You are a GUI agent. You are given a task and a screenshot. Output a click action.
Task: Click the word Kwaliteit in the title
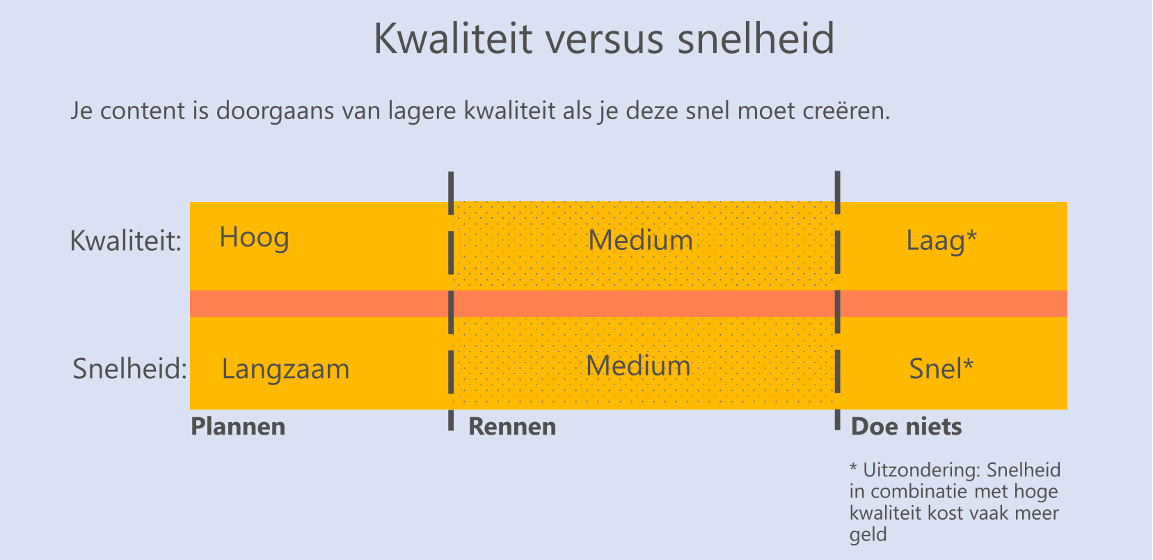coord(453,38)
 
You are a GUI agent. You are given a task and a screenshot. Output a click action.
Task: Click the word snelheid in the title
coord(756,38)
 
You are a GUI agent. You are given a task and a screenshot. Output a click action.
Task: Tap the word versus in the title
coord(604,41)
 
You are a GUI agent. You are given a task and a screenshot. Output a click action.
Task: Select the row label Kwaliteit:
coord(126,240)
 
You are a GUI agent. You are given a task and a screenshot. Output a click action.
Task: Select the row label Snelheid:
coord(129,369)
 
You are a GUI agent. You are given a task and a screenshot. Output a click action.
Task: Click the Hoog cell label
coord(254,238)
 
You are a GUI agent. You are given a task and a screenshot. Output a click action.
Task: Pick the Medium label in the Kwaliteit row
coord(640,240)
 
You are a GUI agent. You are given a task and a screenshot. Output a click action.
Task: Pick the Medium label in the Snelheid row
coord(638,366)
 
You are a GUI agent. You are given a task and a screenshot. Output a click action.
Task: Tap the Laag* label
coord(941,240)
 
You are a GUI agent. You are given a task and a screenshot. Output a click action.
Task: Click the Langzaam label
coord(286,369)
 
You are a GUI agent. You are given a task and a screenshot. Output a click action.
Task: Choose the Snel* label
coord(941,369)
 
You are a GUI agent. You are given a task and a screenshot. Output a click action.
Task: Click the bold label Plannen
coord(238,426)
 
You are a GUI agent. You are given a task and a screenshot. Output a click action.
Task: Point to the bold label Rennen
coord(512,426)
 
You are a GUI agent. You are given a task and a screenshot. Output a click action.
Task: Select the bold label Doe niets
coord(907,426)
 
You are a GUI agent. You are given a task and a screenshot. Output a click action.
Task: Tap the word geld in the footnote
coord(868,535)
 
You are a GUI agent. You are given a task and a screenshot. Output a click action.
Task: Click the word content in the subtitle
coord(142,111)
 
